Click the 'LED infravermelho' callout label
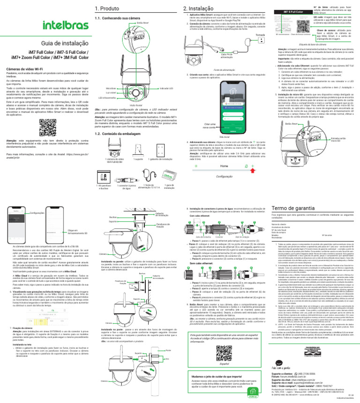(x=107, y=97)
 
